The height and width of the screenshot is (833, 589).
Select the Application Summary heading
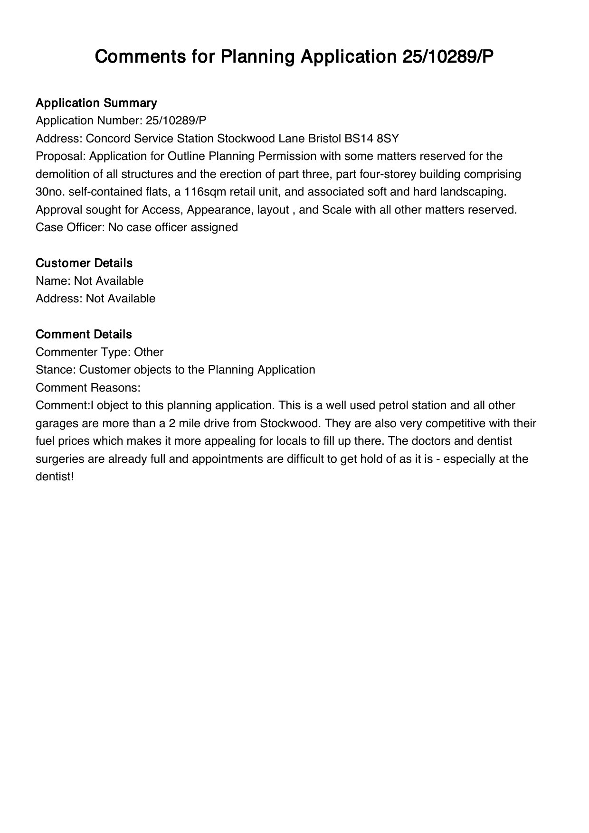pyautogui.click(x=96, y=103)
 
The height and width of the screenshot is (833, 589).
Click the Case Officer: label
pyautogui.click(x=70, y=227)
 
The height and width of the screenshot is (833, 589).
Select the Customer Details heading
pyautogui.click(x=84, y=263)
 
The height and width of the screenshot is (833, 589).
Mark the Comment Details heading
pyautogui.click(x=84, y=334)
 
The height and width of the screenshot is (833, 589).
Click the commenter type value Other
pyautogui.click(x=149, y=352)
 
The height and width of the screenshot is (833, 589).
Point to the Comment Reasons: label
pyautogui.click(x=88, y=388)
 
